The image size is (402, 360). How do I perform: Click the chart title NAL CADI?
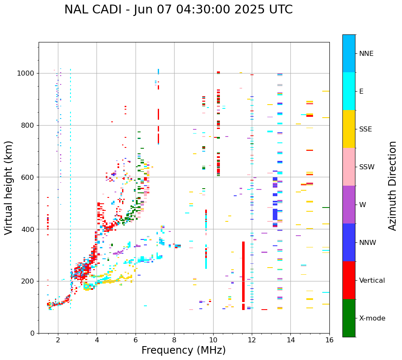(x=178, y=10)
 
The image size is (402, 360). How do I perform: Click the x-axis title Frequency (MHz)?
(x=183, y=350)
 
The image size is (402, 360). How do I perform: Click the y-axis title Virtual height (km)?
(x=9, y=188)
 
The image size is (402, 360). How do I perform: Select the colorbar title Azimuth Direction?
(x=392, y=186)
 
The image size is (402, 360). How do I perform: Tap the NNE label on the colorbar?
(x=366, y=54)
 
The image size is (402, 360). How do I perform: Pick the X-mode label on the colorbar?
(x=372, y=318)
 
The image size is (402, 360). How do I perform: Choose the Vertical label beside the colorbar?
(x=372, y=281)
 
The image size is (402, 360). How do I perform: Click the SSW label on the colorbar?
(x=367, y=167)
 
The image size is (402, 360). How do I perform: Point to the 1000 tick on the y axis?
(x=26, y=74)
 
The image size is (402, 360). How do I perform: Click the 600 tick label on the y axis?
(x=28, y=177)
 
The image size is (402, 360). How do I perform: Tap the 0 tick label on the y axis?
(x=32, y=334)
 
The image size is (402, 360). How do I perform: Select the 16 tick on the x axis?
(x=329, y=339)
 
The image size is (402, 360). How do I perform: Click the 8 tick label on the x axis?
(x=174, y=339)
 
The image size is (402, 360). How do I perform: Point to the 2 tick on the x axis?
(x=58, y=339)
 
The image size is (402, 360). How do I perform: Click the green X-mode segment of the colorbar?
(x=349, y=318)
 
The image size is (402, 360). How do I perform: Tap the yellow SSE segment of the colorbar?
(x=349, y=129)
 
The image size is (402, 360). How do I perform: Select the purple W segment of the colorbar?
(x=349, y=205)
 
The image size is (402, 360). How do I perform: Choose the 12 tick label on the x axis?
(x=252, y=339)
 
